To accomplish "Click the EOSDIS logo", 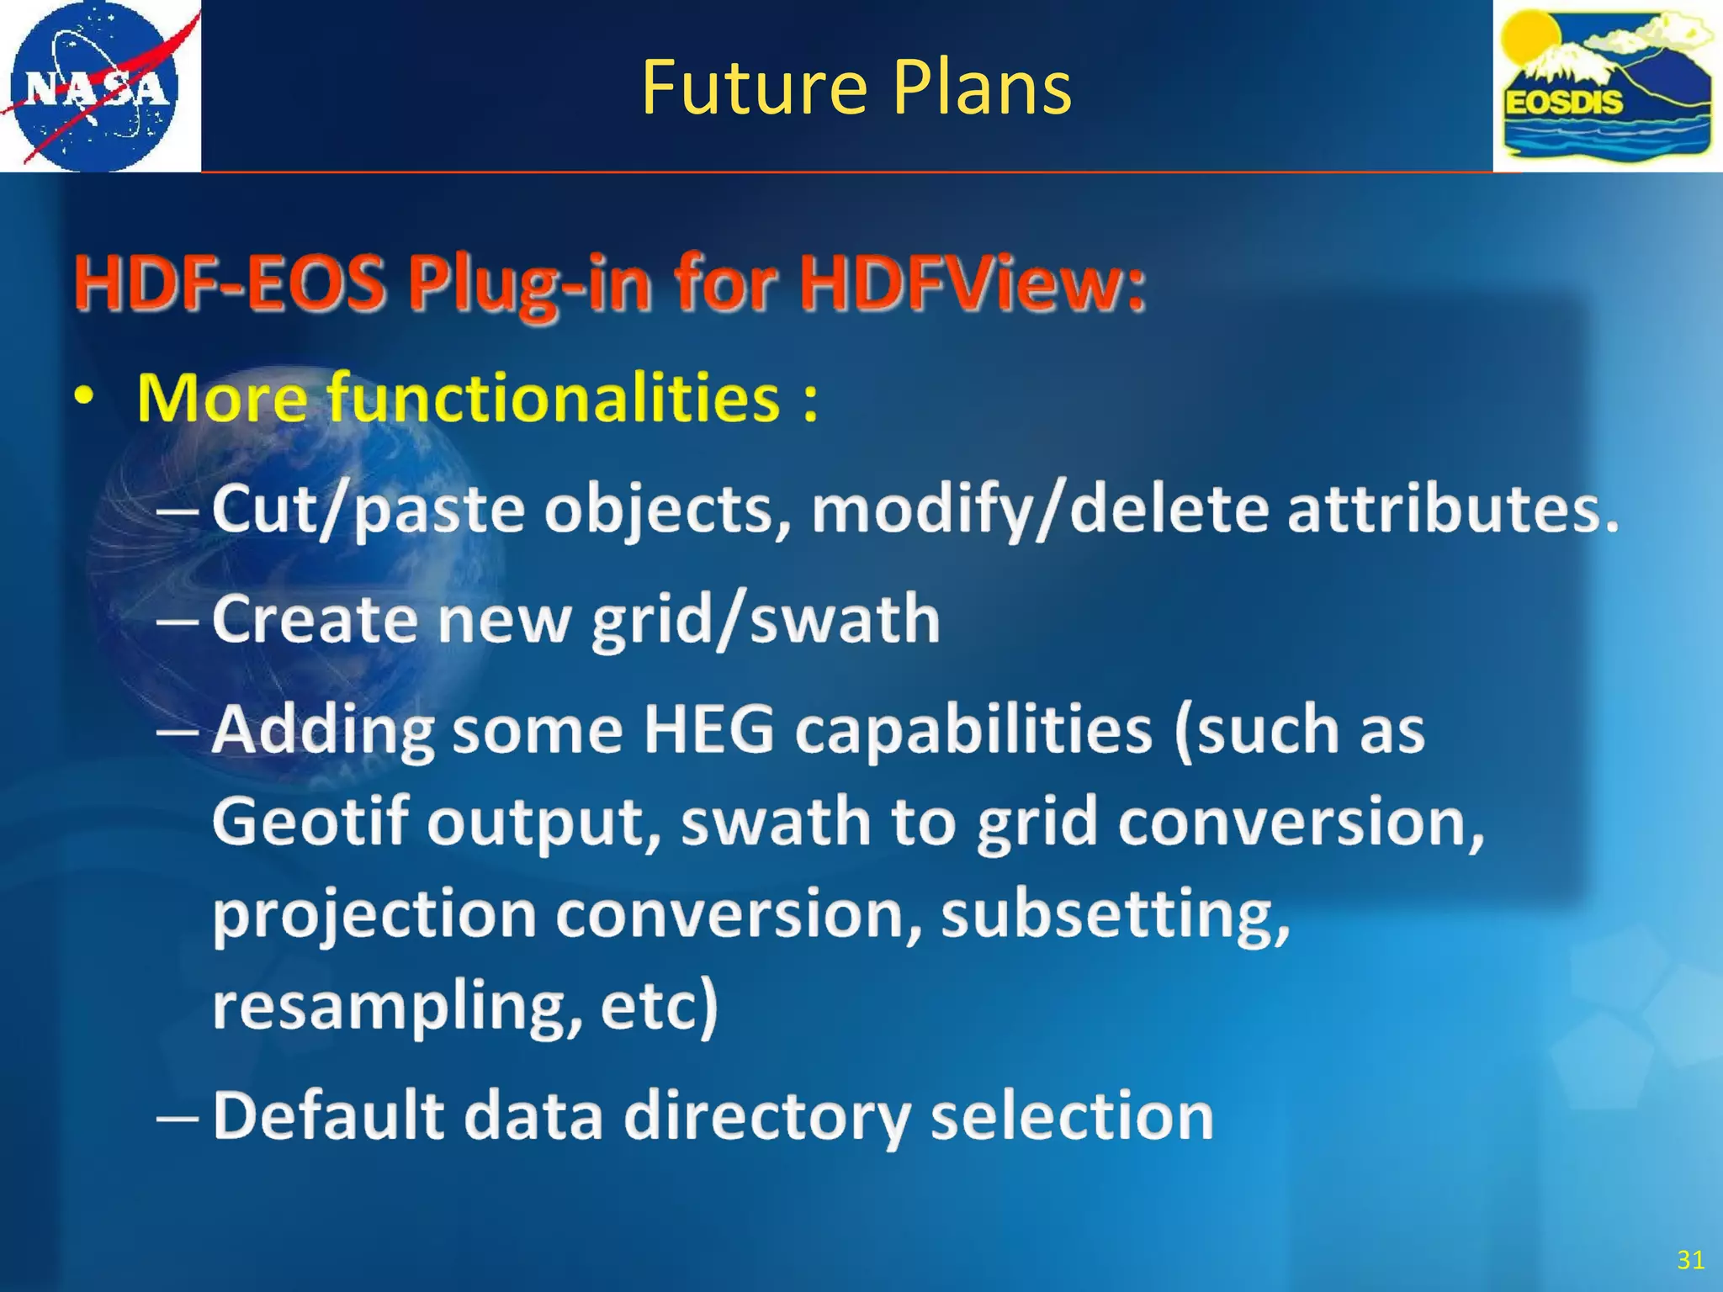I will tap(1607, 86).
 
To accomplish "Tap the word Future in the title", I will tap(754, 87).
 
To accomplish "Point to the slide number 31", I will tap(1690, 1259).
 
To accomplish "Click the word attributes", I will tap(1451, 510).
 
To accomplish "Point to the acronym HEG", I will tap(708, 729).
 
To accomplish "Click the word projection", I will tap(374, 914).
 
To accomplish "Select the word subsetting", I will tap(1115, 914).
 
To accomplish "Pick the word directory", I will tap(767, 1117).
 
